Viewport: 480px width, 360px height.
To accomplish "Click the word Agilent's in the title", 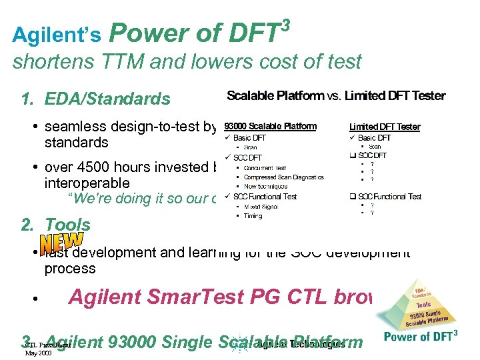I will (57, 35).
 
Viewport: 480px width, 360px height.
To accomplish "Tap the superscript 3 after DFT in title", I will (286, 24).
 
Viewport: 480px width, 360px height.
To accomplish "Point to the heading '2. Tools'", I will (57, 225).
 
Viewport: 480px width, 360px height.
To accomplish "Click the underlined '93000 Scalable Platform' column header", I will (270, 126).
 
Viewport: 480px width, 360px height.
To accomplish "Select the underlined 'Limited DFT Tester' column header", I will (385, 127).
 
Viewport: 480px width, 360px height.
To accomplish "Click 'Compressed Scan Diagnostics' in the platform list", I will (283, 177).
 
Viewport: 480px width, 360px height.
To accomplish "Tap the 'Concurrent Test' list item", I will (265, 167).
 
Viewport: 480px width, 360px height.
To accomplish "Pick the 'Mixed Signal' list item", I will (261, 207).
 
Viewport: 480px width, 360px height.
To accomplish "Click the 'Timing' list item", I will (253, 216).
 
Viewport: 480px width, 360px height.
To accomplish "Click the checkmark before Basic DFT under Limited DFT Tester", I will (353, 137).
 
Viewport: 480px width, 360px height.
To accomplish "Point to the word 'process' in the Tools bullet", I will (70, 269).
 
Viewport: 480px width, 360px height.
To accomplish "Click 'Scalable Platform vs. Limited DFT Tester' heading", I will (336, 96).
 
